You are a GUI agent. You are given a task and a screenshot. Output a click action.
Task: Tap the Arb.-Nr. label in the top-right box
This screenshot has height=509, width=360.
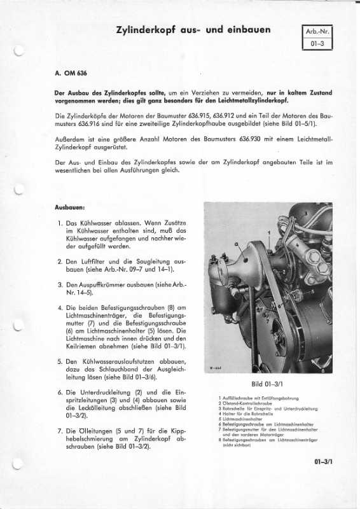tap(319, 31)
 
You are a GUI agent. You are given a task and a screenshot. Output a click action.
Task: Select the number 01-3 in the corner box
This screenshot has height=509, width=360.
tap(319, 44)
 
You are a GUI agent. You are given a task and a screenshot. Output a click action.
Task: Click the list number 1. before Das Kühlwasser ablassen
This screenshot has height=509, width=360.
tap(59, 225)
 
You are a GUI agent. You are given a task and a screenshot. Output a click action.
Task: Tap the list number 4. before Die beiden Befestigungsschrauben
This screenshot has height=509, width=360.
tap(59, 307)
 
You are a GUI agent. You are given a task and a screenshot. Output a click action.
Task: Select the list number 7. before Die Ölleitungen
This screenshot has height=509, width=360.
tap(59, 431)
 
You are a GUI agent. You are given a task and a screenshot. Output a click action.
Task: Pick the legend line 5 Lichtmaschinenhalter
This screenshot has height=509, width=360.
tap(242, 419)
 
